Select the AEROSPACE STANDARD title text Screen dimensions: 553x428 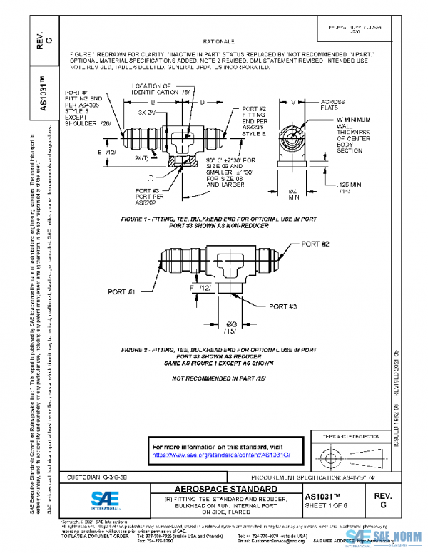coord(219,489)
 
